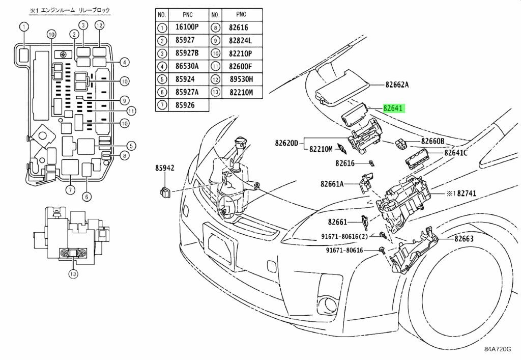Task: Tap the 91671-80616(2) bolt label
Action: pos(345,236)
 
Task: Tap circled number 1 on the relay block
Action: pos(24,27)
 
